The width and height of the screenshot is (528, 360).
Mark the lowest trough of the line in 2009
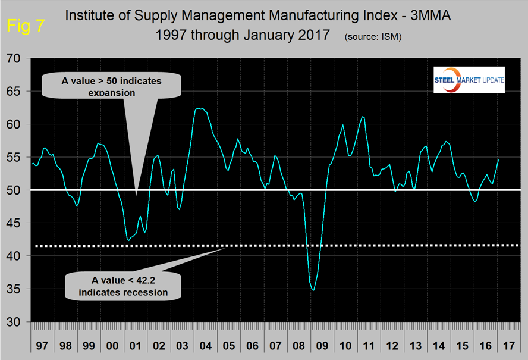[x=313, y=290]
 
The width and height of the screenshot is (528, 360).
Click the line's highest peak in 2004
[x=200, y=108]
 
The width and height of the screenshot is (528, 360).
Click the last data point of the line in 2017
[x=498, y=160]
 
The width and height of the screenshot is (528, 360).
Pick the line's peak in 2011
[x=363, y=117]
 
